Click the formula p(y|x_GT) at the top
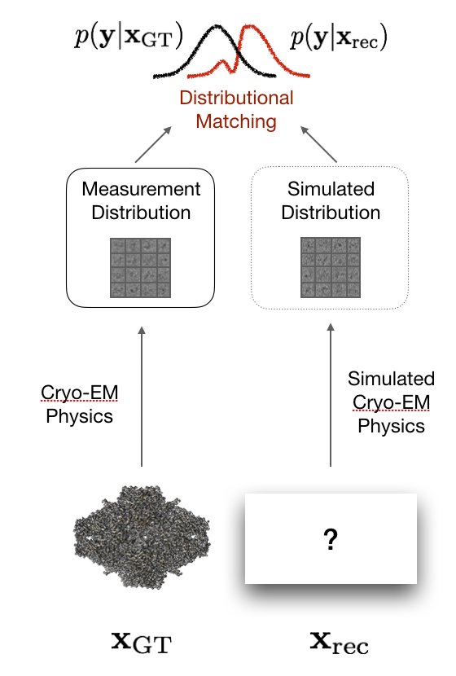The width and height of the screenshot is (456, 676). pyautogui.click(x=129, y=37)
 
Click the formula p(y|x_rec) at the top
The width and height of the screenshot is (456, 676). pyautogui.click(x=339, y=37)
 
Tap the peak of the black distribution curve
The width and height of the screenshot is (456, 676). pyautogui.click(x=217, y=27)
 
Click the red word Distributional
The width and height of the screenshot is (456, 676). pyautogui.click(x=237, y=98)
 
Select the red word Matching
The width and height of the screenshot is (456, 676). pyautogui.click(x=236, y=121)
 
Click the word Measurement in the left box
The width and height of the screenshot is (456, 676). pyautogui.click(x=142, y=189)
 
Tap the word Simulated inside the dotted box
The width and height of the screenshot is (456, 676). pyautogui.click(x=331, y=189)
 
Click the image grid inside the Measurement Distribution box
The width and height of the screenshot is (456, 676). pyautogui.click(x=141, y=268)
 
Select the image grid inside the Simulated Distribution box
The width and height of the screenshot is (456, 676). pyautogui.click(x=331, y=267)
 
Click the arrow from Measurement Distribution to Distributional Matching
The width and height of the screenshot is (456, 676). pyautogui.click(x=153, y=144)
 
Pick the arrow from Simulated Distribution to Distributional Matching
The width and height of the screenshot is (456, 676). pyautogui.click(x=318, y=144)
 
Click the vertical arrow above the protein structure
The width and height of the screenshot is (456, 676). pyautogui.click(x=142, y=397)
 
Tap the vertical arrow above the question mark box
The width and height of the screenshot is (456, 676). pyautogui.click(x=331, y=395)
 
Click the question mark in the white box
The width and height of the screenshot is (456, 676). pyautogui.click(x=331, y=539)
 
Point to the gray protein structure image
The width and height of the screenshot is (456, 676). pyautogui.click(x=142, y=537)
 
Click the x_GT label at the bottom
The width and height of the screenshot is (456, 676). pyautogui.click(x=142, y=643)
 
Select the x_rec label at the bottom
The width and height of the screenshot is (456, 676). pyautogui.click(x=340, y=643)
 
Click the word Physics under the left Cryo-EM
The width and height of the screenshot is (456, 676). pyautogui.click(x=79, y=417)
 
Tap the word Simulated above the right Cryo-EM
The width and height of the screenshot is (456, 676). pyautogui.click(x=392, y=379)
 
